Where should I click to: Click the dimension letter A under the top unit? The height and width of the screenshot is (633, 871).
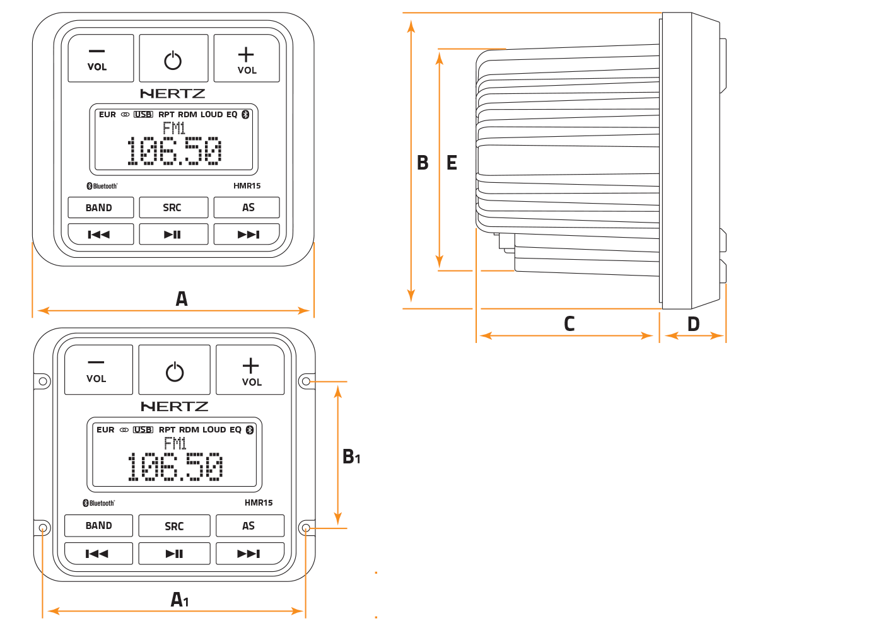182,299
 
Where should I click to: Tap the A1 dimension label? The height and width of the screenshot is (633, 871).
180,600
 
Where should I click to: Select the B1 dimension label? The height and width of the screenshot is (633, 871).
351,456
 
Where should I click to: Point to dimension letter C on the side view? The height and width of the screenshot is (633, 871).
569,324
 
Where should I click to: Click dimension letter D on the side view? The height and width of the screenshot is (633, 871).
693,324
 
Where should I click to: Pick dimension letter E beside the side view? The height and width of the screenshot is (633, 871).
452,163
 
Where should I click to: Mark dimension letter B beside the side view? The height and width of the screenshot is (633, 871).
423,163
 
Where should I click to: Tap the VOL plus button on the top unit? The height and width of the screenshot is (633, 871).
247,59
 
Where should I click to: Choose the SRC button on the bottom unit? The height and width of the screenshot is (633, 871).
174,526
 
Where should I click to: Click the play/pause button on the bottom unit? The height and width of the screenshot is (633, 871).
174,554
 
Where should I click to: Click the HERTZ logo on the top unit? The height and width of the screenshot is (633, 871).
173,94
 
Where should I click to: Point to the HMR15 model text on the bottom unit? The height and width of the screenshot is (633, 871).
259,502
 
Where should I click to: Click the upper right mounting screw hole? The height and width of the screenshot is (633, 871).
306,381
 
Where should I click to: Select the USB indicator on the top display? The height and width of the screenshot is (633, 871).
143,115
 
